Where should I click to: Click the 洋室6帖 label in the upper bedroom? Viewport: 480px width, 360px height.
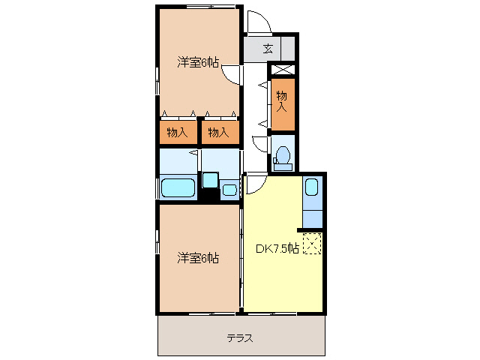(x=198, y=62)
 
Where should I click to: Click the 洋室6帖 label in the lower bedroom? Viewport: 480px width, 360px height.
(x=198, y=258)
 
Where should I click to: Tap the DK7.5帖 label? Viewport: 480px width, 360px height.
(x=278, y=247)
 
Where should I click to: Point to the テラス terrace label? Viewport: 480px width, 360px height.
(x=240, y=338)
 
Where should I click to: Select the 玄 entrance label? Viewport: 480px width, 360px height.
(x=268, y=49)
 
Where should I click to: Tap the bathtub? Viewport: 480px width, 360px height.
(x=178, y=187)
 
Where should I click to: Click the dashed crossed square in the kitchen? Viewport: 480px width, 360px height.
(x=312, y=243)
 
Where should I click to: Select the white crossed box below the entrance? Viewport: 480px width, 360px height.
(x=282, y=70)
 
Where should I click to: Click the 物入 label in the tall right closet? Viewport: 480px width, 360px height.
(x=282, y=100)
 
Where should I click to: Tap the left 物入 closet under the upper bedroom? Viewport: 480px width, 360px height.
(x=177, y=133)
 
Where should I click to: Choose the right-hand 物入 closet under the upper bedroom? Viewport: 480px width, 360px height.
(x=218, y=133)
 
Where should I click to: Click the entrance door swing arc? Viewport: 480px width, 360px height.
(x=257, y=21)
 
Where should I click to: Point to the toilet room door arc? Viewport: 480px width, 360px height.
(x=259, y=144)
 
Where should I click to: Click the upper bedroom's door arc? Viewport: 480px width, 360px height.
(x=232, y=73)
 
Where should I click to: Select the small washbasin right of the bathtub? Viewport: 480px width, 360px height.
(x=211, y=180)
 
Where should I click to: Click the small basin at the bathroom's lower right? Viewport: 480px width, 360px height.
(x=229, y=190)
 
